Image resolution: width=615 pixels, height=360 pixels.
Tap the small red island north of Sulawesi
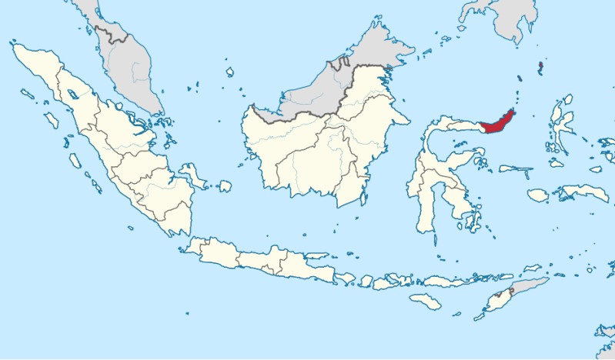[x=540, y=68]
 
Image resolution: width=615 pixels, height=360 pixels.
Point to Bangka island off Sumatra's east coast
[x=193, y=175]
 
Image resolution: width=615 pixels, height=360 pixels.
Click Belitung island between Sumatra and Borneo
[x=225, y=186]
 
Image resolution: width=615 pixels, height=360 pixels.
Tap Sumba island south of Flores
[x=425, y=302]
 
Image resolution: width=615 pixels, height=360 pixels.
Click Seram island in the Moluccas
[x=581, y=192]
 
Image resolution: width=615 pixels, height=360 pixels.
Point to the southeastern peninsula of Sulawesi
[x=466, y=204]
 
